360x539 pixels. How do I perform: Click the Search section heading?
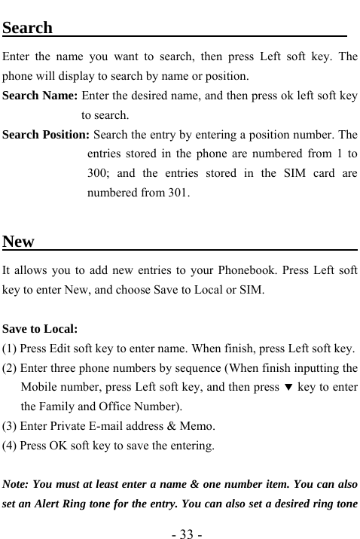tap(28, 29)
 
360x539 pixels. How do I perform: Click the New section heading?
tap(19, 242)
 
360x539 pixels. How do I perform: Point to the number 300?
tap(99, 174)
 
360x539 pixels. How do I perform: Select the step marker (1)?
tap(11, 349)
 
